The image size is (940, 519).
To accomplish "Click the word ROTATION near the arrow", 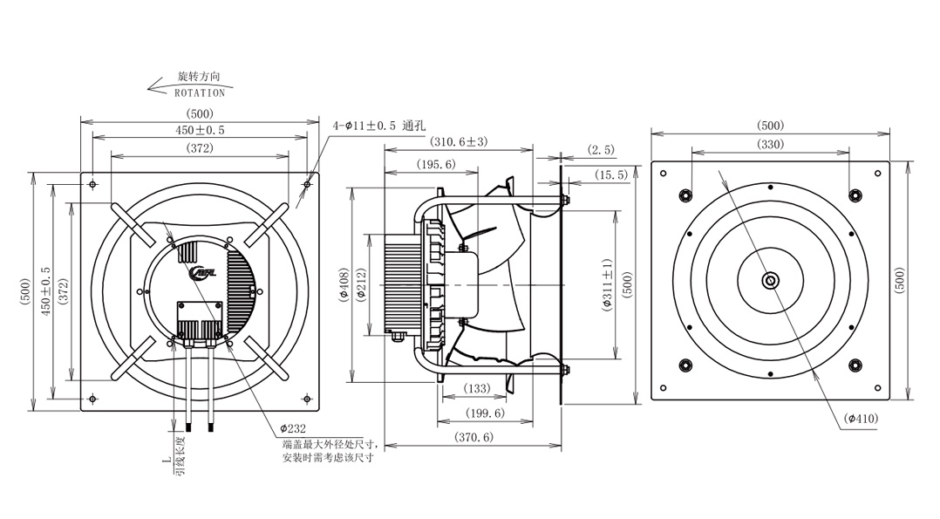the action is click(x=200, y=93).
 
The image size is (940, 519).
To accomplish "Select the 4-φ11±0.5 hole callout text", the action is click(x=378, y=126).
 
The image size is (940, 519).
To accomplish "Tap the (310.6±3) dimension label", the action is click(x=460, y=141).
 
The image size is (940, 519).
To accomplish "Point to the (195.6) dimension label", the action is click(x=436, y=164).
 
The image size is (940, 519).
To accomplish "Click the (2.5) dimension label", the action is click(x=601, y=149).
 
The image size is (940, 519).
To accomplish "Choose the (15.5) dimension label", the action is click(x=611, y=174).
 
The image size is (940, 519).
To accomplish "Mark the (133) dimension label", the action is click(x=477, y=388).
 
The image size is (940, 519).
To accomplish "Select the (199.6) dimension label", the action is click(x=485, y=413).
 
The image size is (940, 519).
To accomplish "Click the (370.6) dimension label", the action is click(x=473, y=437).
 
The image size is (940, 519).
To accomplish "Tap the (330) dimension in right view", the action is click(x=770, y=144).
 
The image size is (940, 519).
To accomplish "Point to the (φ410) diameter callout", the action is click(x=861, y=418).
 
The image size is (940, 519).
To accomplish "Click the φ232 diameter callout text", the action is click(x=293, y=428).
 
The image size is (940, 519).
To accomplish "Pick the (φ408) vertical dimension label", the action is click(x=344, y=284).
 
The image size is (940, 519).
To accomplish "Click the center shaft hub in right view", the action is click(x=770, y=280).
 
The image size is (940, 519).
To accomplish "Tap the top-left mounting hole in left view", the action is click(x=92, y=184).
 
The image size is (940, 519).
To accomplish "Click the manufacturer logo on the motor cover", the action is click(x=205, y=273).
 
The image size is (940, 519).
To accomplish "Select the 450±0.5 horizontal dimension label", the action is click(x=200, y=130).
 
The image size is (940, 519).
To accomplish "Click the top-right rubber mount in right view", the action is click(x=855, y=195).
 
